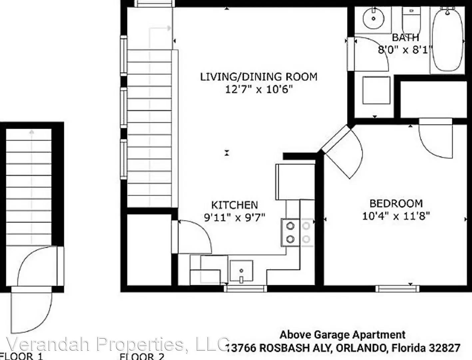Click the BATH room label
[405, 37]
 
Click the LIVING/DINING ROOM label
[258, 77]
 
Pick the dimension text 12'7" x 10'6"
[258, 89]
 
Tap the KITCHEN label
[235, 205]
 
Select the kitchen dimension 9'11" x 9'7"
[235, 217]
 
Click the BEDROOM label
[396, 203]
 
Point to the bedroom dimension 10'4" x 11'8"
[396, 216]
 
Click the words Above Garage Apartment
[342, 334]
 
